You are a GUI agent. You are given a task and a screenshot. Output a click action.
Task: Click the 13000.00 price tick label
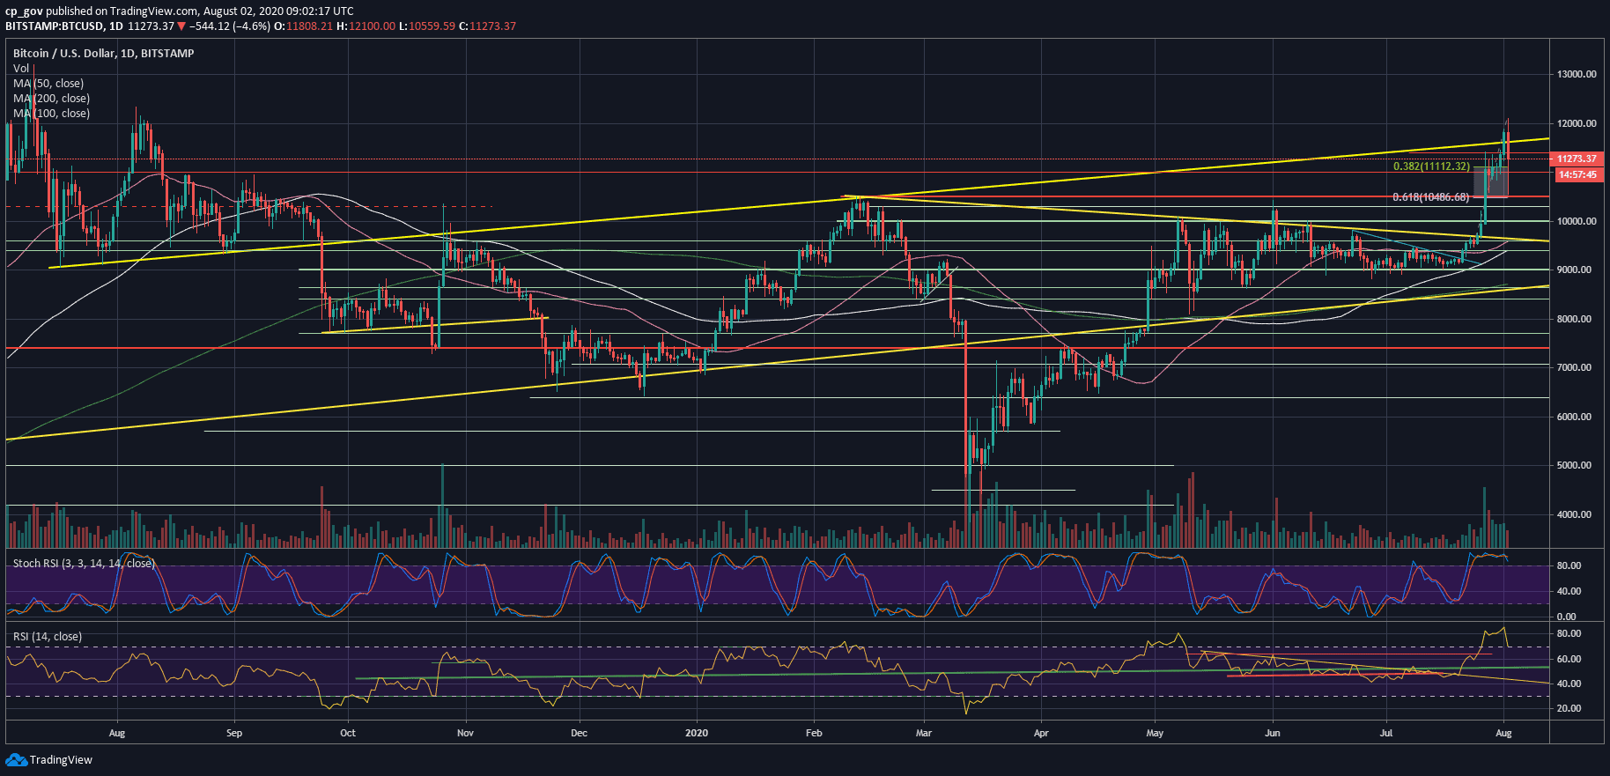tap(1577, 74)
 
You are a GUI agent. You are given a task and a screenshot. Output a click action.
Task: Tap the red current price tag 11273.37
tap(1577, 159)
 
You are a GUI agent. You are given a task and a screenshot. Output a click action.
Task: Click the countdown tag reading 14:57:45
tap(1577, 174)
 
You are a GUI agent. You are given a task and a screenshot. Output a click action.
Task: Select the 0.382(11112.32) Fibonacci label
tap(1430, 166)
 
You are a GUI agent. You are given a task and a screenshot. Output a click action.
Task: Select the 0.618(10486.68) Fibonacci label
tap(1430, 197)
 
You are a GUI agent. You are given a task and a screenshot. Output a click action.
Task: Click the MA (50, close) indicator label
tap(48, 84)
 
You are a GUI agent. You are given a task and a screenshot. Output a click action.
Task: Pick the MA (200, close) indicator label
tap(51, 99)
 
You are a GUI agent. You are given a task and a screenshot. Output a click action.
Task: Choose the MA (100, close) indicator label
tap(51, 114)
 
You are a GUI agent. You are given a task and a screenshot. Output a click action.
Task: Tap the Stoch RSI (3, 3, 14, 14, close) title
tap(84, 564)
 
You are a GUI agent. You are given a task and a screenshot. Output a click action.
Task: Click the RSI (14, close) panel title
tap(48, 637)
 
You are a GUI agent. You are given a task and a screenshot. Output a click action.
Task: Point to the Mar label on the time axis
tap(923, 733)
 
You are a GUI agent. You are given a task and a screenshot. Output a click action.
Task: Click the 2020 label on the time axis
tap(696, 733)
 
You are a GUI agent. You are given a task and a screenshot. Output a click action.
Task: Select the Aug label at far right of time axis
tap(1503, 733)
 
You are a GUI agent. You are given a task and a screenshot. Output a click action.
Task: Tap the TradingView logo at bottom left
tap(49, 760)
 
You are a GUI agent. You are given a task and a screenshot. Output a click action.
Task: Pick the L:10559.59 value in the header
tap(427, 26)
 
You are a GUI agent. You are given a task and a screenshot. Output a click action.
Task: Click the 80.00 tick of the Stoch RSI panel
tap(1569, 565)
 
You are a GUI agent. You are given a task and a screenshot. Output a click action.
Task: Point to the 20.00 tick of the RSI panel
tap(1569, 708)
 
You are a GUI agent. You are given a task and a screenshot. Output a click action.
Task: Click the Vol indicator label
tap(21, 69)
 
